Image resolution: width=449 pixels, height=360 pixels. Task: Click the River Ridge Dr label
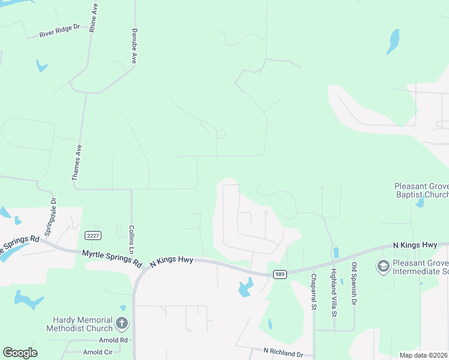click(x=59, y=31)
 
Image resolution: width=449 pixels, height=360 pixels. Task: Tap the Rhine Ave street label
click(x=93, y=19)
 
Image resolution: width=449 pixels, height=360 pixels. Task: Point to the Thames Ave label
click(x=76, y=162)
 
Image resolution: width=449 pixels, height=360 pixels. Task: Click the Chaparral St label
click(x=313, y=292)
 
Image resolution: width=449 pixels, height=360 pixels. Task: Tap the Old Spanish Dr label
click(x=354, y=284)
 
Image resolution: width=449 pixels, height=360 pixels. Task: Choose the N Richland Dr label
click(x=283, y=352)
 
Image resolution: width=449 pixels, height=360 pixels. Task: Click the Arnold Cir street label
click(x=98, y=352)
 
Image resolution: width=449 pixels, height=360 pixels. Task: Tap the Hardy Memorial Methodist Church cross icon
click(x=121, y=324)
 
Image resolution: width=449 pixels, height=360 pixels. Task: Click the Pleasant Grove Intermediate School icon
click(x=382, y=265)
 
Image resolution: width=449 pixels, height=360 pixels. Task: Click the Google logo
click(x=20, y=353)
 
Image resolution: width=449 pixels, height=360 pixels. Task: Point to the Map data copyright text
click(x=424, y=355)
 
